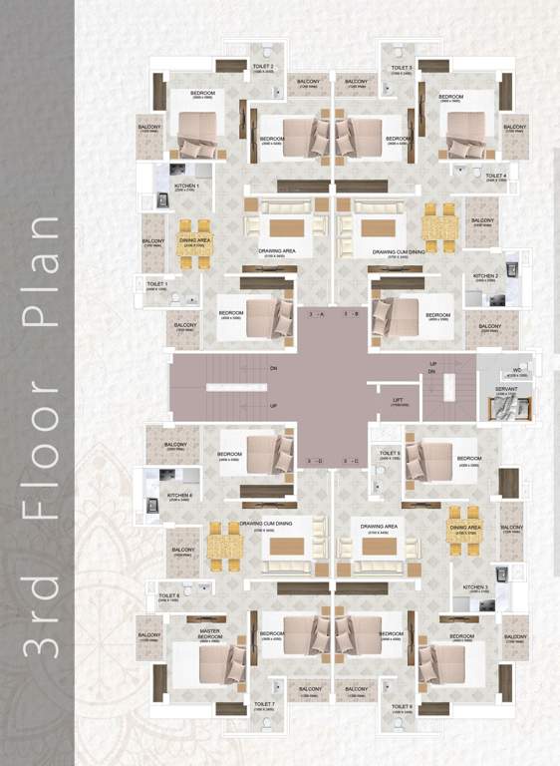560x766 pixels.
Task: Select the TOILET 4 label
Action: tap(496, 176)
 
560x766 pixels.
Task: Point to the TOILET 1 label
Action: tap(157, 284)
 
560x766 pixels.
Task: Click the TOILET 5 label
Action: tap(390, 454)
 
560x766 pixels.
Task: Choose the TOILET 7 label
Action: tap(264, 704)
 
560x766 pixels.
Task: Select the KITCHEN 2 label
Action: tap(485, 275)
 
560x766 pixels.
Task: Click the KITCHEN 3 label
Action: tap(479, 587)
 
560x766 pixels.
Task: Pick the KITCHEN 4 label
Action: tap(179, 496)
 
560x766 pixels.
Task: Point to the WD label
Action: tap(517, 370)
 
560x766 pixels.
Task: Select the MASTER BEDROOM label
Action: tap(209, 633)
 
